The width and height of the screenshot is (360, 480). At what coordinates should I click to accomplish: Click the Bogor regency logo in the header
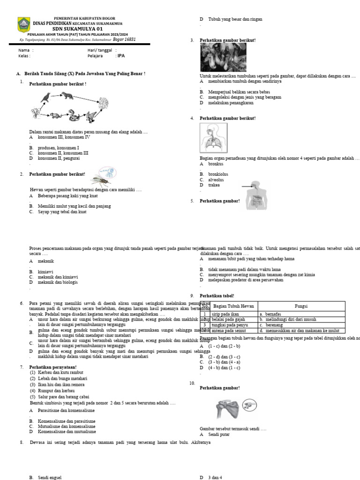tap(23, 25)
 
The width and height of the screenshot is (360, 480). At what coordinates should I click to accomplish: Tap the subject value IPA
tap(121, 56)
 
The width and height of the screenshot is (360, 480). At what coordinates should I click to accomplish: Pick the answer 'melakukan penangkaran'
tap(231, 102)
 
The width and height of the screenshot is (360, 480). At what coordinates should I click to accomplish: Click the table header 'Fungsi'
tap(301, 306)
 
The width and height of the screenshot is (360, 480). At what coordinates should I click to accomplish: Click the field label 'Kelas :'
tap(24, 56)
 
